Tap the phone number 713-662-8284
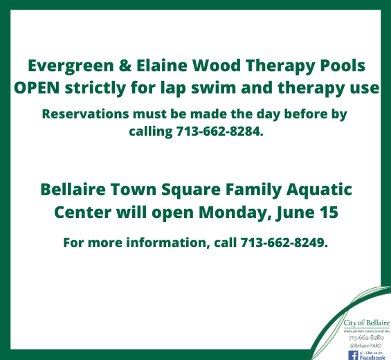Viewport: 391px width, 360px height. point(215,131)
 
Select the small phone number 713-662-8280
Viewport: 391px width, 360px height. point(364,338)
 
